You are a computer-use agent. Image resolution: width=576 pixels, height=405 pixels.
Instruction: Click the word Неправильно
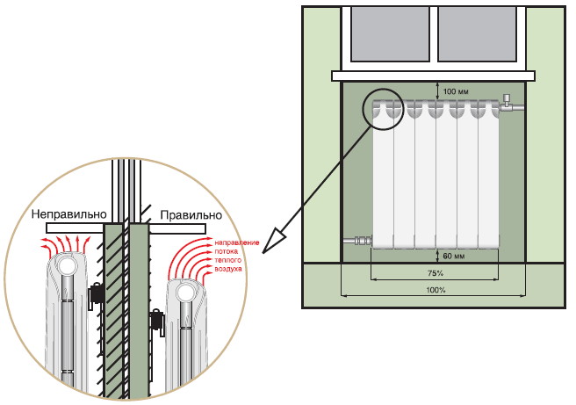pos(68,214)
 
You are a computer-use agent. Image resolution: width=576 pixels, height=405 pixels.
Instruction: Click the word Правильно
pos(190,214)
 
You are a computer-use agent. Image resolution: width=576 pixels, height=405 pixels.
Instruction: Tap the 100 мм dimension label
pos(456,91)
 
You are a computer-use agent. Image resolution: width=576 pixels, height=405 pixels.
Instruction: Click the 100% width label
pos(434,289)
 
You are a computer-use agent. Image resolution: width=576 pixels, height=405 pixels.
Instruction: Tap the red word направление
pos(226,241)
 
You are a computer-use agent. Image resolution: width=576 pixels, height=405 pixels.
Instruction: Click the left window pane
pos(386,34)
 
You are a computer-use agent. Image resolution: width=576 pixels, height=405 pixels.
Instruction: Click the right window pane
pos(479,34)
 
